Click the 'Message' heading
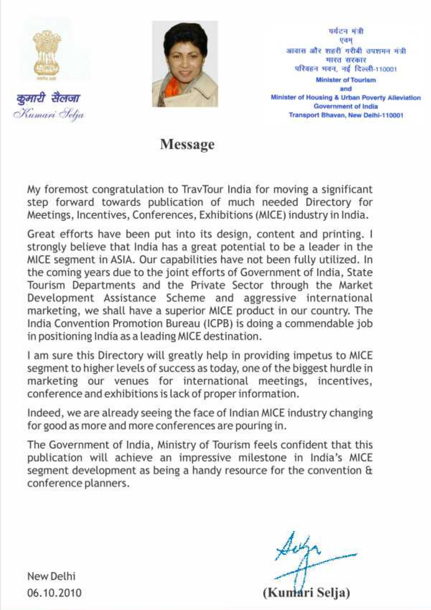pyautogui.click(x=187, y=145)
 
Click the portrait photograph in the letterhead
pyautogui.click(x=185, y=64)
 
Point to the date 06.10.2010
pyautogui.click(x=55, y=593)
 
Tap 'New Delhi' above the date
pyautogui.click(x=51, y=576)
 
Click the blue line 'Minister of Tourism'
pyautogui.click(x=346, y=80)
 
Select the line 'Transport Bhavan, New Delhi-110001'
pyautogui.click(x=346, y=115)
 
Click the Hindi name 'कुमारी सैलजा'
pyautogui.click(x=48, y=98)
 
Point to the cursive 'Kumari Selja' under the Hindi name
pyautogui.click(x=49, y=114)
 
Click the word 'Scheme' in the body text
pyautogui.click(x=186, y=298)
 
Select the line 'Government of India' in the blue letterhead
pyautogui.click(x=346, y=106)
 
